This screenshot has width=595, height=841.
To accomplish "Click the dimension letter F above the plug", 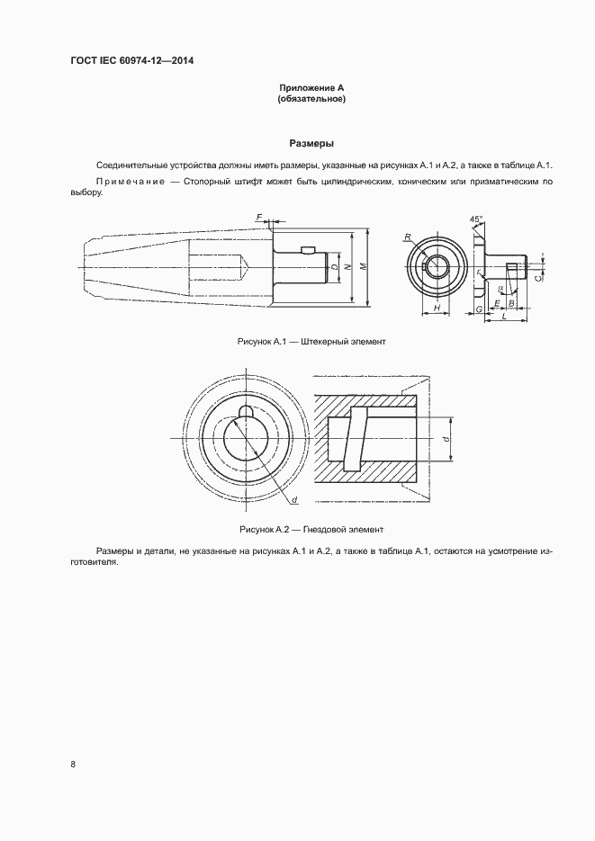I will click(x=258, y=217).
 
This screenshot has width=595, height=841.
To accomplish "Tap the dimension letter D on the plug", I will click(x=334, y=267).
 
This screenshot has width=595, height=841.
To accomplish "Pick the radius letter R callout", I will click(x=408, y=237).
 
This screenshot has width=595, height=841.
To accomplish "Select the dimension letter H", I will click(x=436, y=309).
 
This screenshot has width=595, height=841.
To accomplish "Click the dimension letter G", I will click(x=479, y=309).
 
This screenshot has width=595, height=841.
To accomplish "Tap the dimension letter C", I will click(x=537, y=279).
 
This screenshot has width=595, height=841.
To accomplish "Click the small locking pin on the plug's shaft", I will click(x=307, y=249).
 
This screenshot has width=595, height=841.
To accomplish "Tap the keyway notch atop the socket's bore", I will click(x=244, y=412).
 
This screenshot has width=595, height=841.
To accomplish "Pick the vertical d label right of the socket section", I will click(x=446, y=438).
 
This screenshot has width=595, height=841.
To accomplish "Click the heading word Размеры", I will click(x=311, y=143).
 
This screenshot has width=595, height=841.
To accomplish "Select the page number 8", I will click(x=72, y=764).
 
